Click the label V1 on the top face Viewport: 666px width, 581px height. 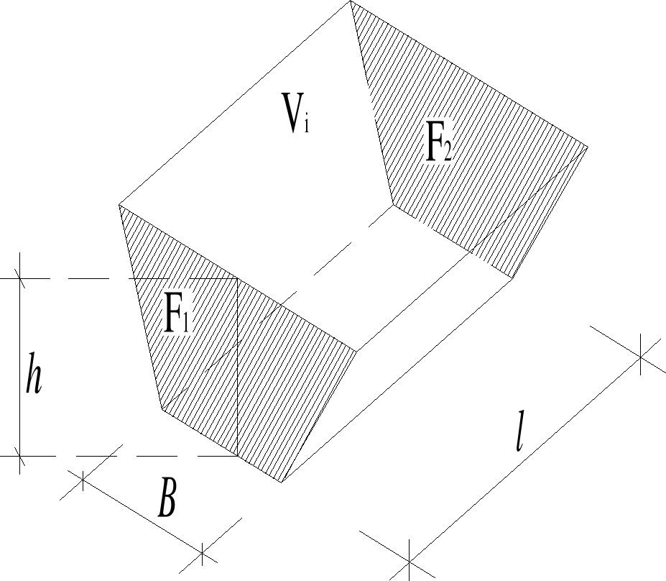pos(296,115)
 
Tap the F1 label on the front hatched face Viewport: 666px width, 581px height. pos(177,314)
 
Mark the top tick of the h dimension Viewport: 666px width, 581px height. pos(19,278)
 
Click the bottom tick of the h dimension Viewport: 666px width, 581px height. pos(19,456)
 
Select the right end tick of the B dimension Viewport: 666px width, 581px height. pos(203,554)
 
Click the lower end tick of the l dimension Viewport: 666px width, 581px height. pos(409,559)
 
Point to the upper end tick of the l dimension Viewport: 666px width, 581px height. pos(641,355)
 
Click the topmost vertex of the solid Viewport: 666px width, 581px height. pos(351,1)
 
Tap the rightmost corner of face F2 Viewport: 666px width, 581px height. pos(588,148)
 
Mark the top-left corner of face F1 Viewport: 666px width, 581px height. pos(119,206)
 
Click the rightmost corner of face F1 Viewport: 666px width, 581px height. pos(357,352)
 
